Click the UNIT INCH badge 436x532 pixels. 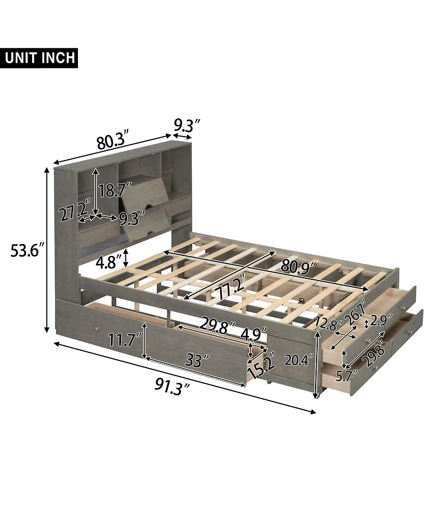[41, 57]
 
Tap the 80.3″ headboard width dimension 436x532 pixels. [112, 141]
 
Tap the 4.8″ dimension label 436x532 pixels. [107, 262]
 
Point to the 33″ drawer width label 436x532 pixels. [197, 360]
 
